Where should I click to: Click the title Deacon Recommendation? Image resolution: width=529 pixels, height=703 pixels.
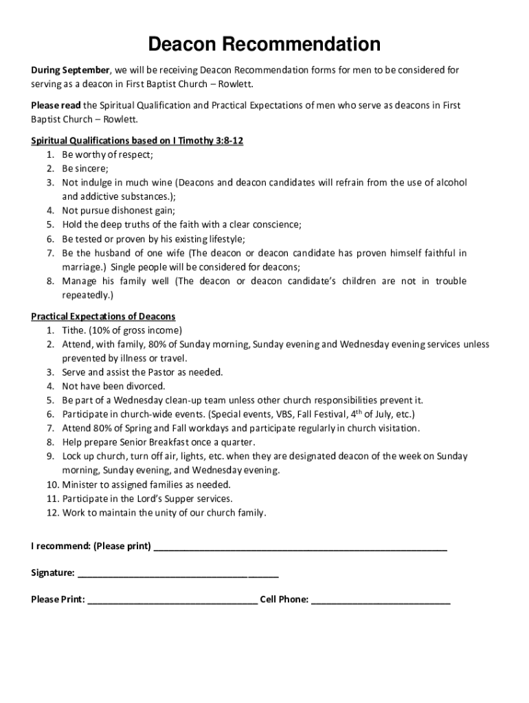[264, 45]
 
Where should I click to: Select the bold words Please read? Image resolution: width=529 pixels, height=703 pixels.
[56, 105]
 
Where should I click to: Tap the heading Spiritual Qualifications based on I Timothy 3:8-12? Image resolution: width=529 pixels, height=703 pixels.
[137, 141]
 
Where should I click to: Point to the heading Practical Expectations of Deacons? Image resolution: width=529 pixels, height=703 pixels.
[103, 316]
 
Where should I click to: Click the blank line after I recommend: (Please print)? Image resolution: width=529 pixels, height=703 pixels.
[300, 546]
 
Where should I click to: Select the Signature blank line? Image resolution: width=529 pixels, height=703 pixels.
[178, 573]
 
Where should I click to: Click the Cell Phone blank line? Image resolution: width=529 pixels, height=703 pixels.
[381, 599]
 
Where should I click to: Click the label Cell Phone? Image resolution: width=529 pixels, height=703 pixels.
[284, 599]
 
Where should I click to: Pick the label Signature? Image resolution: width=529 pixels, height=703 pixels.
[53, 573]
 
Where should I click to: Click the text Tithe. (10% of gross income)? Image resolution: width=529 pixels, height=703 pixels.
[122, 330]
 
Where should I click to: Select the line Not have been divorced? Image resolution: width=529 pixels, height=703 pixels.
[113, 387]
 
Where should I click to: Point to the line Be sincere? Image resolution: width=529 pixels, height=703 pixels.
[85, 168]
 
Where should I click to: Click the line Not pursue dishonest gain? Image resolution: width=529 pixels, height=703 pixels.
[118, 211]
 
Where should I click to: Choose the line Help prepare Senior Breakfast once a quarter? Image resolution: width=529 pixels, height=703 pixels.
[158, 442]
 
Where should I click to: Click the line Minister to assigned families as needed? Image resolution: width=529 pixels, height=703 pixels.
[146, 485]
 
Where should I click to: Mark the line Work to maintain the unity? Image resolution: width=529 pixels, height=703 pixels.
[164, 513]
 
